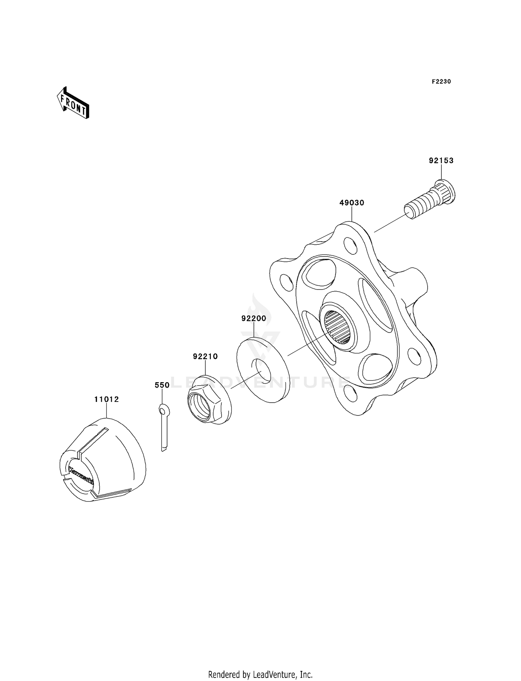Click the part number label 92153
(441, 161)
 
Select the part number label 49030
(352, 203)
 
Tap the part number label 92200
(254, 318)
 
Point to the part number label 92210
(205, 356)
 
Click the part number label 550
(162, 385)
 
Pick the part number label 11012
(107, 400)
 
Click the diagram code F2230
(441, 82)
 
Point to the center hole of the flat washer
(264, 369)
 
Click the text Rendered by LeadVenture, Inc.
(260, 674)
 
